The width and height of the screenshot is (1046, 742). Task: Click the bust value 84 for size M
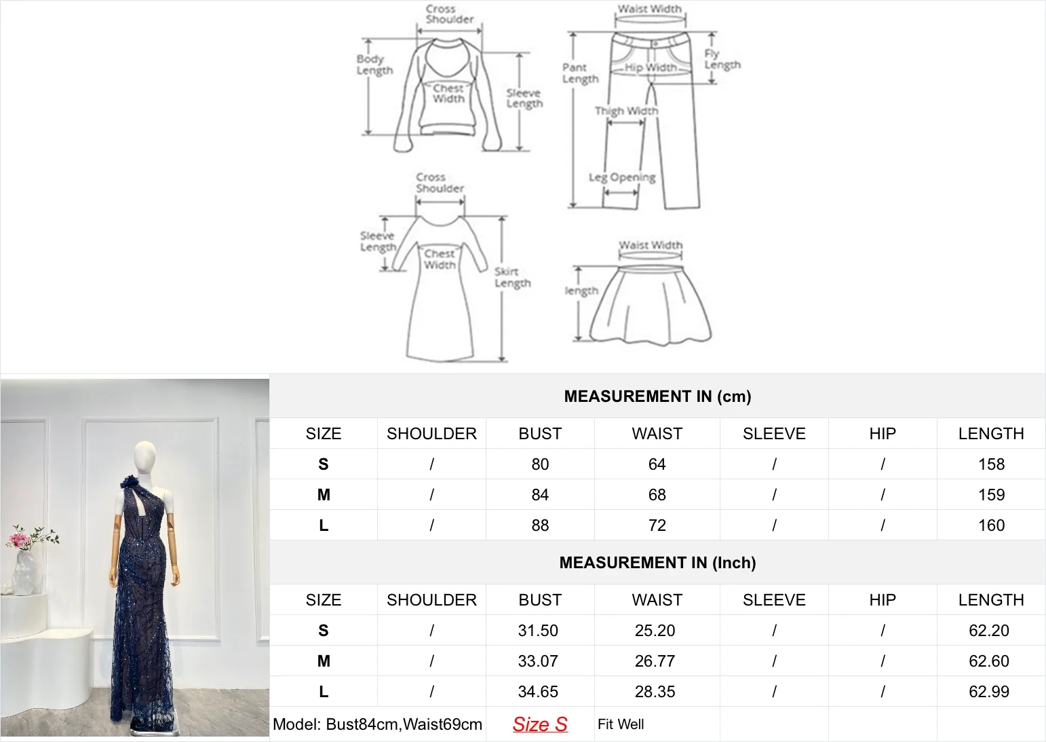click(540, 495)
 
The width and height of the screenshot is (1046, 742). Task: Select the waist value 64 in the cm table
click(657, 464)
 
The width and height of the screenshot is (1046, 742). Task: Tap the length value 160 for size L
click(991, 525)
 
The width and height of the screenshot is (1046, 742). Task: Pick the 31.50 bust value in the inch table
click(538, 631)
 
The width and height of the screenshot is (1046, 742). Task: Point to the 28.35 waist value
click(655, 692)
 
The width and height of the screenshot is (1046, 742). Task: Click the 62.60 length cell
click(989, 661)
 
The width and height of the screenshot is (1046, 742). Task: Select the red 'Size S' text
click(540, 724)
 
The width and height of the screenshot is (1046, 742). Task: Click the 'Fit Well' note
click(621, 724)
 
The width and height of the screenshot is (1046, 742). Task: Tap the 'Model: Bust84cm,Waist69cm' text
click(377, 724)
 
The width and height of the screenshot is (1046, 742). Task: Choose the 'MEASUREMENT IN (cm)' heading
click(657, 396)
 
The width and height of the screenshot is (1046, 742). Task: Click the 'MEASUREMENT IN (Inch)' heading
click(657, 563)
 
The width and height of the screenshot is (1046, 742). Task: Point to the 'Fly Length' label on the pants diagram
click(722, 60)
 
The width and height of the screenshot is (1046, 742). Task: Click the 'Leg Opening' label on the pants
click(622, 178)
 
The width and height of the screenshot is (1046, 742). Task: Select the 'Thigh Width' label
click(626, 111)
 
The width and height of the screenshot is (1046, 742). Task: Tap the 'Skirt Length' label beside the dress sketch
click(512, 277)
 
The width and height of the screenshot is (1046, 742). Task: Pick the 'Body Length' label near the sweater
click(374, 64)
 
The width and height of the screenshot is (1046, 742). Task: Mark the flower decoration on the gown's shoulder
click(128, 483)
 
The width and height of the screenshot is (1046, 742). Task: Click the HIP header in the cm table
click(882, 434)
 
